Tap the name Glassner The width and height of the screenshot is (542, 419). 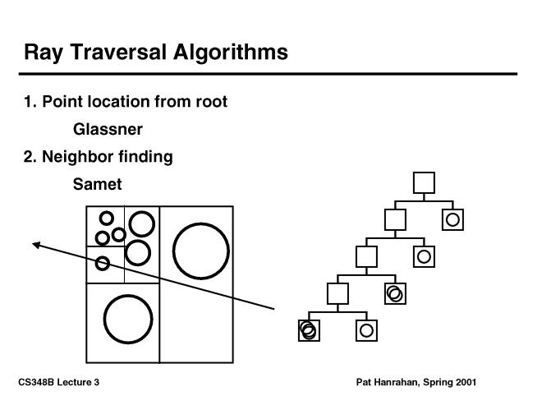pos(108,129)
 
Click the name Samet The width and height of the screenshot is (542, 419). pos(97,184)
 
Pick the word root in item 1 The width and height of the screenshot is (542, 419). pos(209,102)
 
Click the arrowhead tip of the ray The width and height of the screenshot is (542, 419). pos(34,243)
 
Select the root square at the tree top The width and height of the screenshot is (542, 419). pos(424,182)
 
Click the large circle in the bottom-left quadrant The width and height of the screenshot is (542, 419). pos(128,320)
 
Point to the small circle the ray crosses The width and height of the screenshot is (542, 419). pos(103,263)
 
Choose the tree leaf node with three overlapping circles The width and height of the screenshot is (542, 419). pos(308,330)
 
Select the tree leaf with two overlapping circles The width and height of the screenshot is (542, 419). pos(395,292)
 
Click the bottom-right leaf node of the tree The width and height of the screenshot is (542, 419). pos(366,330)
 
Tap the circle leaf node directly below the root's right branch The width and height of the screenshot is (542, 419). pos(452,219)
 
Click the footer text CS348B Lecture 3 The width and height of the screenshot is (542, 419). pos(58,383)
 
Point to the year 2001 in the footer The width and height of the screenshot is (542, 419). pos(465,383)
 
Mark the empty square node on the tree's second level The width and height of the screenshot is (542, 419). pos(395,219)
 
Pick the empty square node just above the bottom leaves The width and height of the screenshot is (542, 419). pos(338,293)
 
